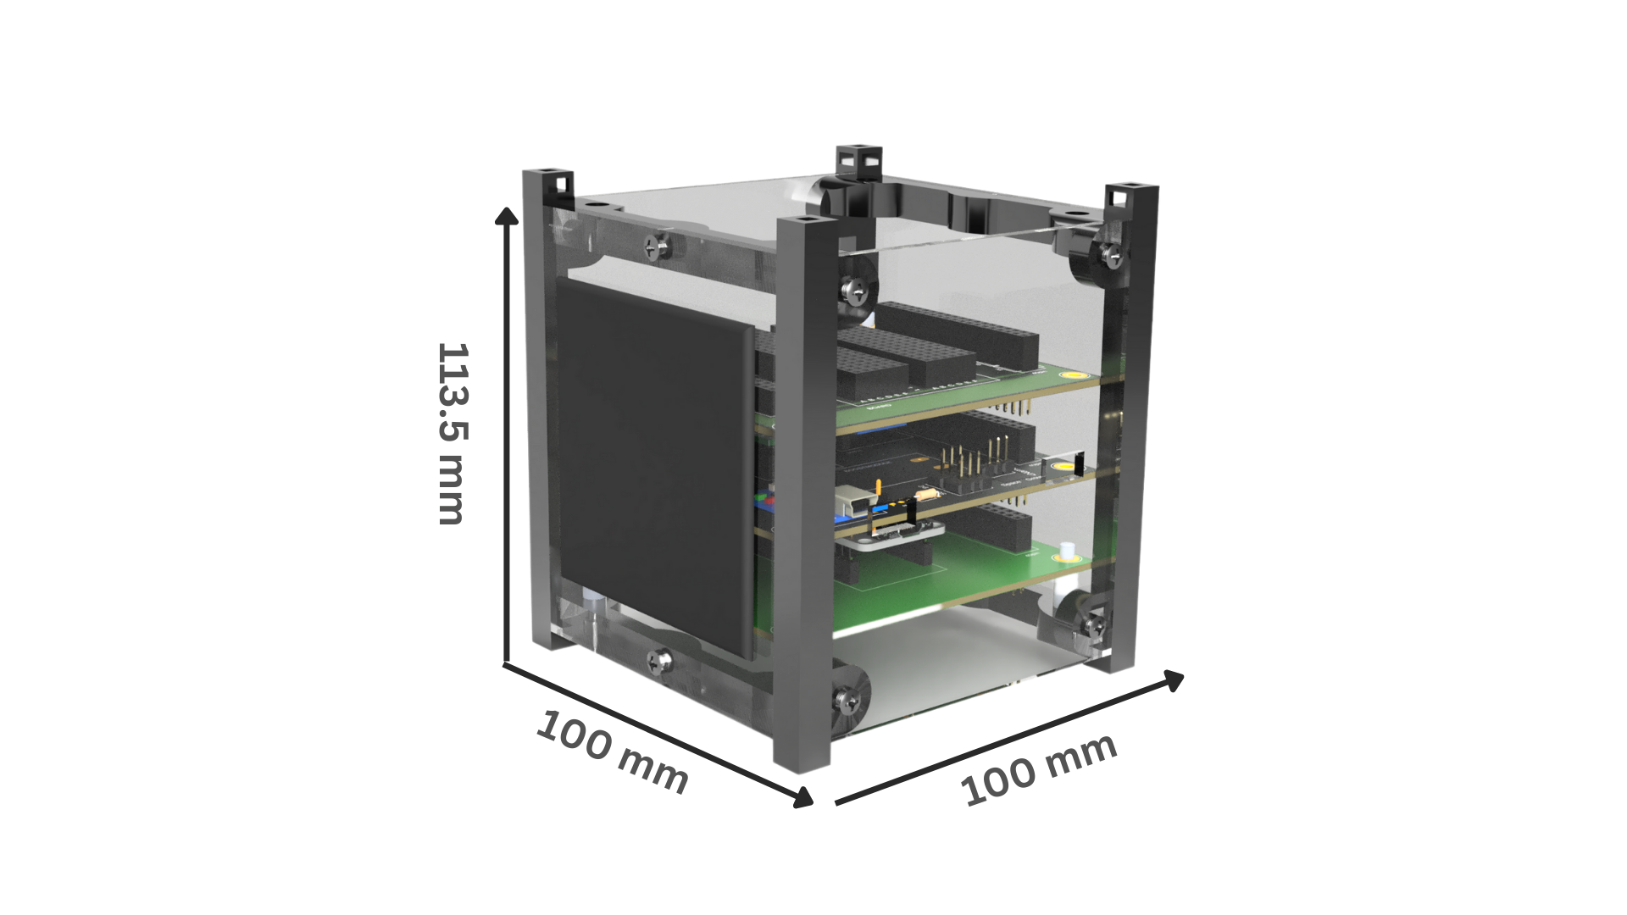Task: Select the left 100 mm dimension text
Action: (612, 752)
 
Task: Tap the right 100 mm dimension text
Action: (1039, 771)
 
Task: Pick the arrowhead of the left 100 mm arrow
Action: (802, 796)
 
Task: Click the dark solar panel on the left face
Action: (654, 470)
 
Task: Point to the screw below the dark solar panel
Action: (660, 660)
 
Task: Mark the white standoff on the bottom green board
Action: (1065, 551)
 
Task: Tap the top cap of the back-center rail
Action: (858, 158)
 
